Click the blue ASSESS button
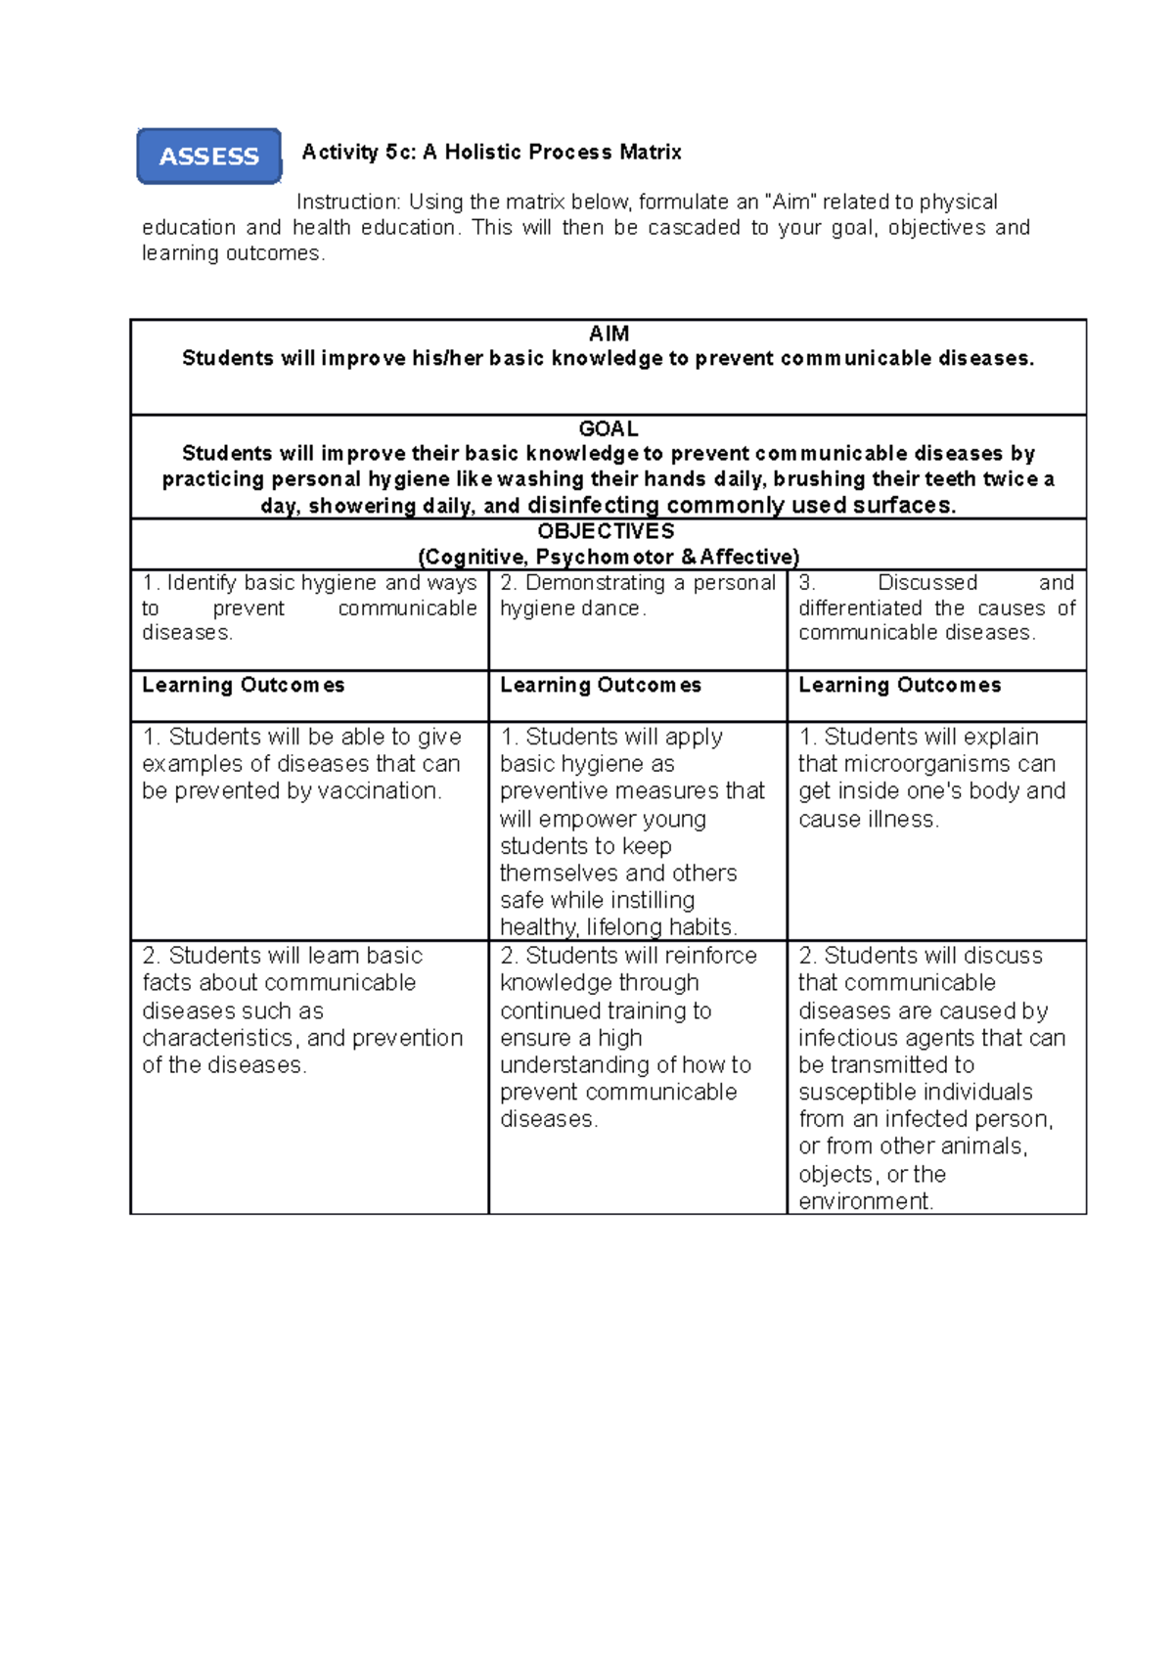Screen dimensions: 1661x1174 coord(208,157)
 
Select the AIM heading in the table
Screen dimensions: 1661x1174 coord(609,334)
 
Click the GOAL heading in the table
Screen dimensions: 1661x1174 coord(609,428)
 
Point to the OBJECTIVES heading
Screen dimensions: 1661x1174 coord(607,531)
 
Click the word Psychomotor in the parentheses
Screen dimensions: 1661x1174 coord(606,557)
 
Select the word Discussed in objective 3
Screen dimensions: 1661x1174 coord(927,582)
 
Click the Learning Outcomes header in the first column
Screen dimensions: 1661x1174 coord(243,685)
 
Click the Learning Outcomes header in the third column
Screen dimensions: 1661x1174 coord(899,685)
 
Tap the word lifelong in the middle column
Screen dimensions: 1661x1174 coord(637,926)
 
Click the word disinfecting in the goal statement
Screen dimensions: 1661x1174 coord(593,505)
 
